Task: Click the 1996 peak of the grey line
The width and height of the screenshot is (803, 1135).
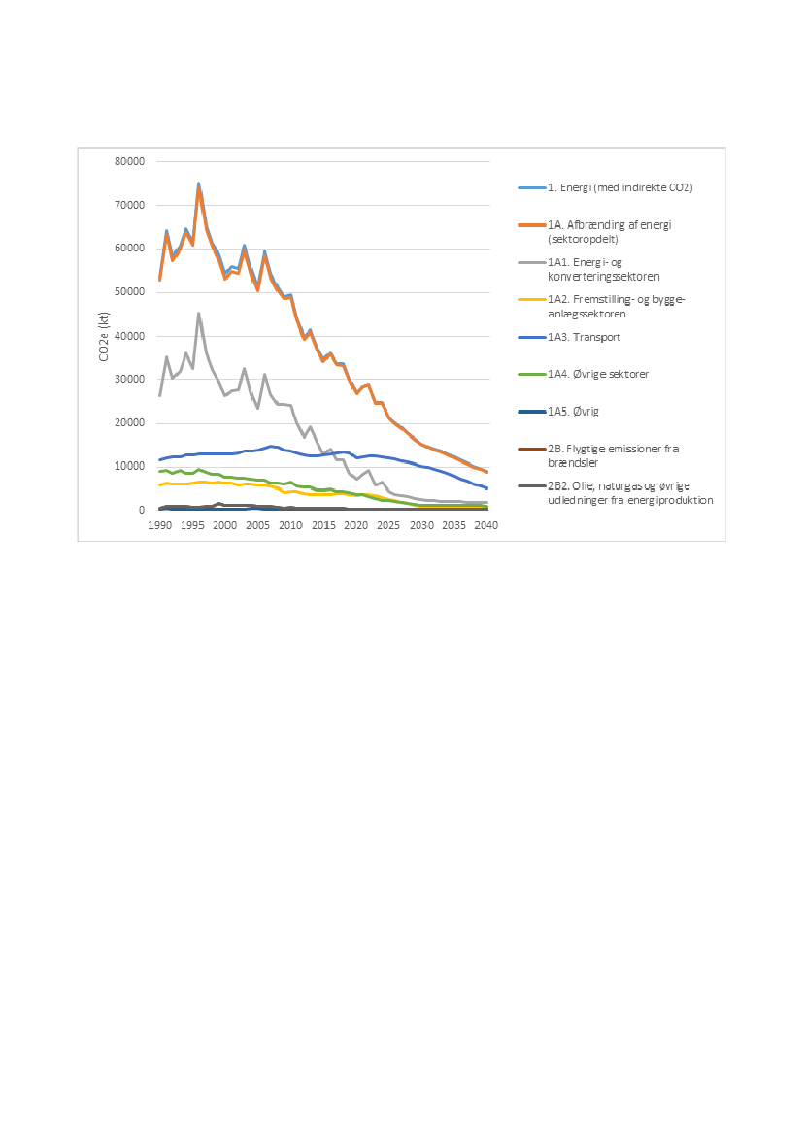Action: pos(198,314)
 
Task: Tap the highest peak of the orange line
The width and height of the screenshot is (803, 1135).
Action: pos(198,188)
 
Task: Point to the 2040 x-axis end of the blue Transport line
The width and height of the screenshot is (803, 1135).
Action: pos(486,488)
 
